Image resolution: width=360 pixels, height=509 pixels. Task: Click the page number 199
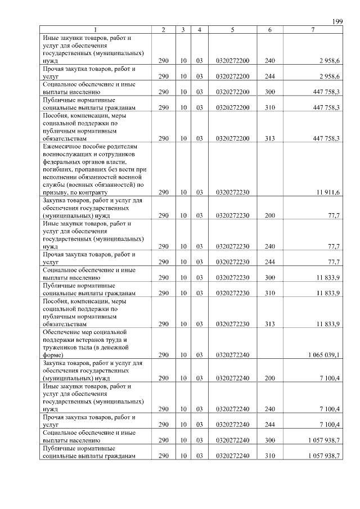coord(337,21)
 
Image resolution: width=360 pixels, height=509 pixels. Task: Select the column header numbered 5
coord(232,29)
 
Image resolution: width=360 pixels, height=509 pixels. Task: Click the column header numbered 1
coord(95,29)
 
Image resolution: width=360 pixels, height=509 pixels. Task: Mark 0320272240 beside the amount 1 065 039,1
coord(232,355)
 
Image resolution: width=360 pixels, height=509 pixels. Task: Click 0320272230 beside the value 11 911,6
coord(232,192)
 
